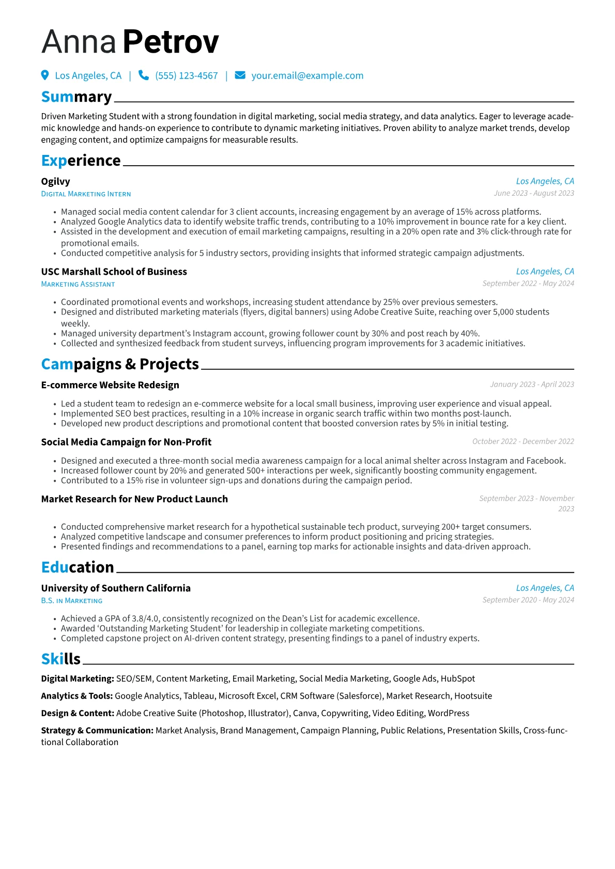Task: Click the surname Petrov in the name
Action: [x=171, y=42]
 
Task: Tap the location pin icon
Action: [x=45, y=75]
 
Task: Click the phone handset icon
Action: [x=144, y=75]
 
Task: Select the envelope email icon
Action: [x=240, y=75]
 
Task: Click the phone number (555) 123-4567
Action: [x=187, y=76]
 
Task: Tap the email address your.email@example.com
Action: [x=307, y=76]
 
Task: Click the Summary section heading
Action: [x=76, y=97]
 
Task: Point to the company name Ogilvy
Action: [x=55, y=181]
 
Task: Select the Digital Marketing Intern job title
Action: [x=86, y=194]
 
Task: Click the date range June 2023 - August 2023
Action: [x=534, y=193]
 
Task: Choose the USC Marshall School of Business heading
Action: [x=114, y=272]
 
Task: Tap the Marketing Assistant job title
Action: [x=78, y=285]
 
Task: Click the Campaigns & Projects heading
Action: [x=120, y=364]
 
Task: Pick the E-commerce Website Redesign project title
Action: [x=110, y=385]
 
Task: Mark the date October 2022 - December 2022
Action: [x=523, y=441]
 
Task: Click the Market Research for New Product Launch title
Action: [x=134, y=499]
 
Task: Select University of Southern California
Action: [x=116, y=588]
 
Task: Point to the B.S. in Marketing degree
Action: [x=72, y=601]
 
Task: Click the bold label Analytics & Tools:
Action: [x=77, y=696]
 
